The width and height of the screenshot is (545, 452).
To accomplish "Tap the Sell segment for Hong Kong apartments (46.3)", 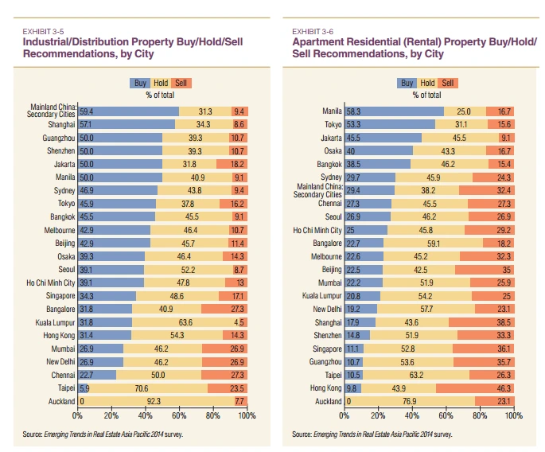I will [475, 388].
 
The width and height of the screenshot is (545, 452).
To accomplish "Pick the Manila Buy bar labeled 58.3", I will [394, 111].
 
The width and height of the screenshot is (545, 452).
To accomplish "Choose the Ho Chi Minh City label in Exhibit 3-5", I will [51, 282].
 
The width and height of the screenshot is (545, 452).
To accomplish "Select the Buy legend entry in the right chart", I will [407, 82].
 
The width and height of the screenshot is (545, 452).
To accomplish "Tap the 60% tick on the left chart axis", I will [179, 415].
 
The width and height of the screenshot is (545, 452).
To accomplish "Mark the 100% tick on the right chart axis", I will [513, 415].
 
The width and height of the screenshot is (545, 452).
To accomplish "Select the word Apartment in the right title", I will [321, 41].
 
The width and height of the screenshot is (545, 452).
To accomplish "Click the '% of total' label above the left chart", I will [160, 95].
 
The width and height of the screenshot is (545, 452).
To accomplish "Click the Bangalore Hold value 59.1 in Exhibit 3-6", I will [434, 244].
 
